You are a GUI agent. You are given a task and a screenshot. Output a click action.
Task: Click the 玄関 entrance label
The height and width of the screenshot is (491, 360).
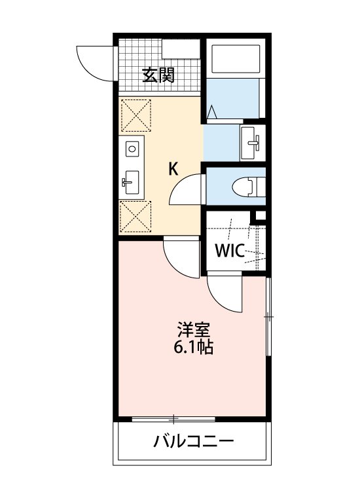[158, 75]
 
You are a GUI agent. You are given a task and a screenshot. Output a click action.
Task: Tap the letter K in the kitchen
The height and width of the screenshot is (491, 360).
[173, 170]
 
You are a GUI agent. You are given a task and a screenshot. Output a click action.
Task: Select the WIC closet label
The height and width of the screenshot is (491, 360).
[230, 250]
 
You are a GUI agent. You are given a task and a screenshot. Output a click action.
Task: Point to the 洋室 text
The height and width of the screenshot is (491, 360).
[193, 330]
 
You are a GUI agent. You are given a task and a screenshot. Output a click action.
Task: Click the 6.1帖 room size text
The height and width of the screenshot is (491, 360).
[194, 347]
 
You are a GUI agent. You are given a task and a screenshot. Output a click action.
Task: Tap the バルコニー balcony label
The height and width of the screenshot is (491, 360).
[194, 442]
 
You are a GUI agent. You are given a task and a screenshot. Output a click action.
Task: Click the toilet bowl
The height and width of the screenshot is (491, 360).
[244, 187]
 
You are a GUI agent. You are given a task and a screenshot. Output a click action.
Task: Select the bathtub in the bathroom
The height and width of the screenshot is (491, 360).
[236, 59]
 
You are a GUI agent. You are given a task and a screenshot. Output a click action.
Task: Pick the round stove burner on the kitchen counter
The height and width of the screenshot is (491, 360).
[132, 149]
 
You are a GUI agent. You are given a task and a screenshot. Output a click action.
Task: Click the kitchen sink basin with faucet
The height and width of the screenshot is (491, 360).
[132, 182]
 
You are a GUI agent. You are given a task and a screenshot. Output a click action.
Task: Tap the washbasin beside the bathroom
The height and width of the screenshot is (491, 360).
[252, 143]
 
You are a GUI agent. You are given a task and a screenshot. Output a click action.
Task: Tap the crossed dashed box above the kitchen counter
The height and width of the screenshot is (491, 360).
[136, 115]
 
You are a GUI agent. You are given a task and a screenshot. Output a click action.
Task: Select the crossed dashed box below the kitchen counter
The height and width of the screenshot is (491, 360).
[135, 217]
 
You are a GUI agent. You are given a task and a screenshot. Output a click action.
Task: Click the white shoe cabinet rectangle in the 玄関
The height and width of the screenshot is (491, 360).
[181, 48]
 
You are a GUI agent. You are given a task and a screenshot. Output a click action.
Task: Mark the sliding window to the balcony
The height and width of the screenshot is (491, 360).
[173, 419]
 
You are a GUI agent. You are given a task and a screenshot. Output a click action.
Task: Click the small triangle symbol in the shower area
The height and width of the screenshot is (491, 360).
[212, 112]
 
